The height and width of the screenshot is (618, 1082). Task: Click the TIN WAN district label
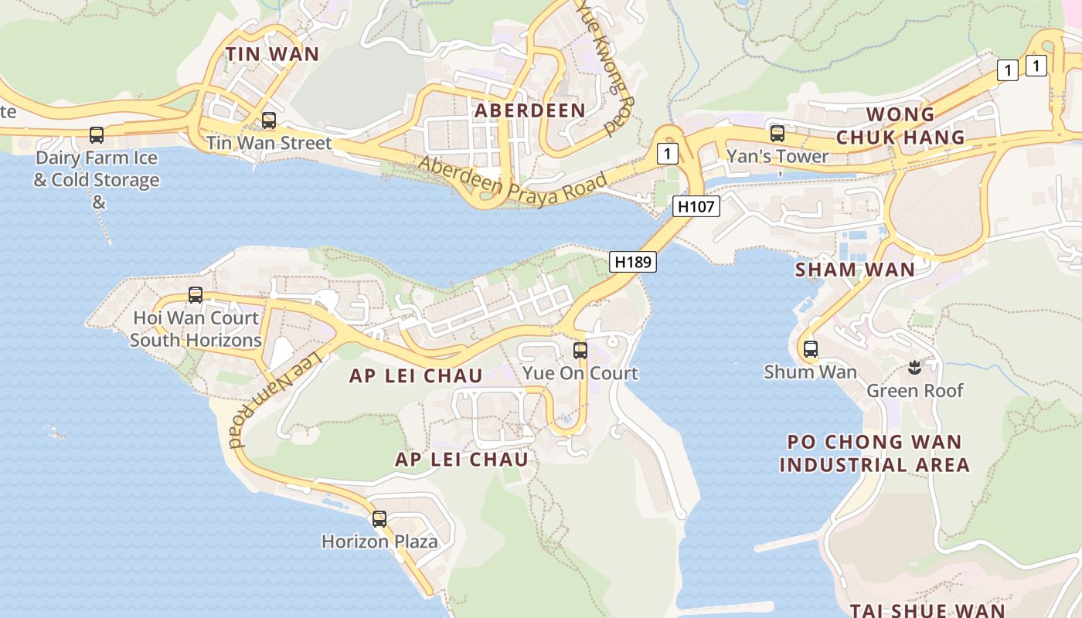coord(272,53)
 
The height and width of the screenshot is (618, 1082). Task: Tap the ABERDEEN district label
coord(529,110)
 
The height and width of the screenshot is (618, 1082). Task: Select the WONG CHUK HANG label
coord(900,126)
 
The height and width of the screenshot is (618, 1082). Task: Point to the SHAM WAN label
coord(855,270)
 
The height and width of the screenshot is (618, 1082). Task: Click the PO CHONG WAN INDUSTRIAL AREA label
coord(874,453)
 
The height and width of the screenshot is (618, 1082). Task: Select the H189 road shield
coord(633,262)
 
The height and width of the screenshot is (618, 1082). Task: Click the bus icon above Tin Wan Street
coord(269,121)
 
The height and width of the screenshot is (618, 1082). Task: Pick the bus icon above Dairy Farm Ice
coord(97,135)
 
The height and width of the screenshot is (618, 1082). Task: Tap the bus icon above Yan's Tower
coord(777,133)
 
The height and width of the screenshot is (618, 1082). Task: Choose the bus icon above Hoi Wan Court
coord(196,295)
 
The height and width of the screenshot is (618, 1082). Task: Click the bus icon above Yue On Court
coord(580,351)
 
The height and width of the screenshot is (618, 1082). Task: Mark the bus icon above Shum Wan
coord(811,349)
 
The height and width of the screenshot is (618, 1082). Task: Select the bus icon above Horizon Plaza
coord(379,519)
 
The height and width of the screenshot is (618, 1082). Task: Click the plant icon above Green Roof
coord(915,366)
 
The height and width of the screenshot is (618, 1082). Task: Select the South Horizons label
coord(196,340)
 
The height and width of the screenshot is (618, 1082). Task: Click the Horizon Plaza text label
coord(379,542)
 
